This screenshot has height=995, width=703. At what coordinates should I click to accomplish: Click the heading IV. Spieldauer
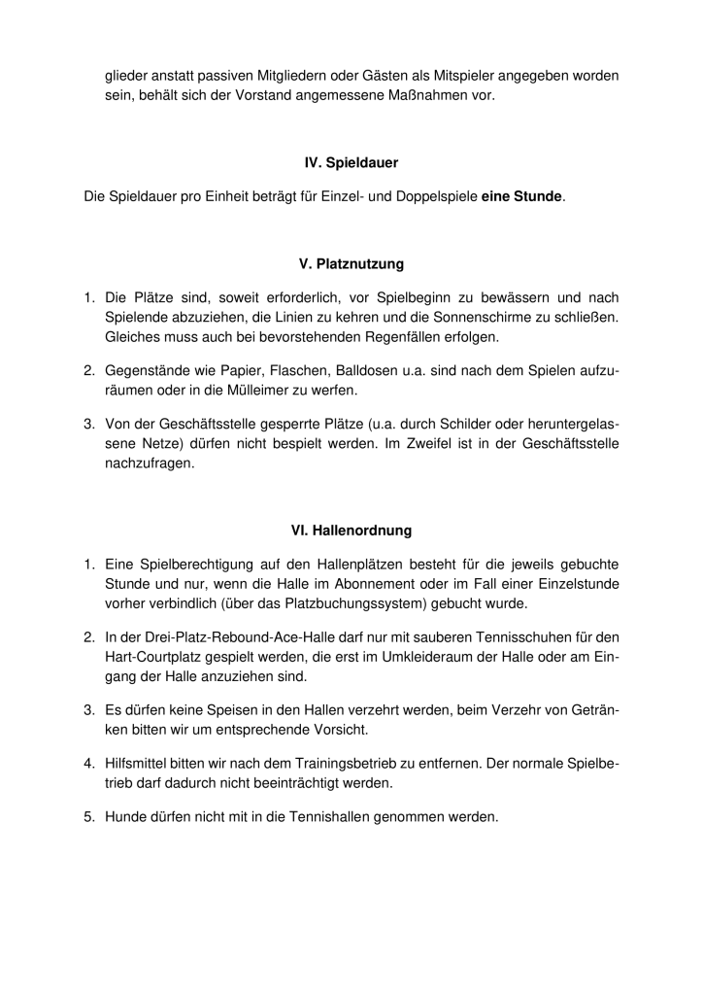[351, 162]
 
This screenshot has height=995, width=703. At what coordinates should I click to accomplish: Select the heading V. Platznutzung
[351, 263]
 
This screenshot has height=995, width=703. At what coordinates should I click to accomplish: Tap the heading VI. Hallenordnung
[351, 531]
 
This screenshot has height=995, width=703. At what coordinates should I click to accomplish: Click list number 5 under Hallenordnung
[87, 817]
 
